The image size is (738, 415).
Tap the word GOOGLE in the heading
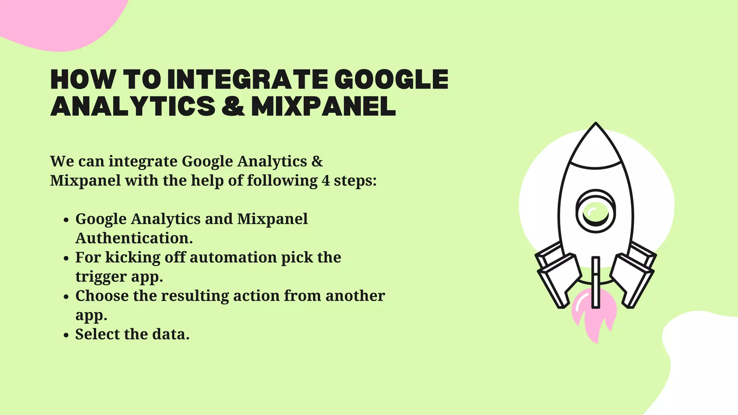point(391,80)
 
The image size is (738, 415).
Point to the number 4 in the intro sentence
point(325,180)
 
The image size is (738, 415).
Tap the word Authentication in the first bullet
point(134,238)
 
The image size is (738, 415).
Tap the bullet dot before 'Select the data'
point(66,335)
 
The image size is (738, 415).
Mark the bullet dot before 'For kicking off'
point(66,259)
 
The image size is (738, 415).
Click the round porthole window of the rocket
point(595,211)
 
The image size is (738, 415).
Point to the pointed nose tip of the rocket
point(596,125)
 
